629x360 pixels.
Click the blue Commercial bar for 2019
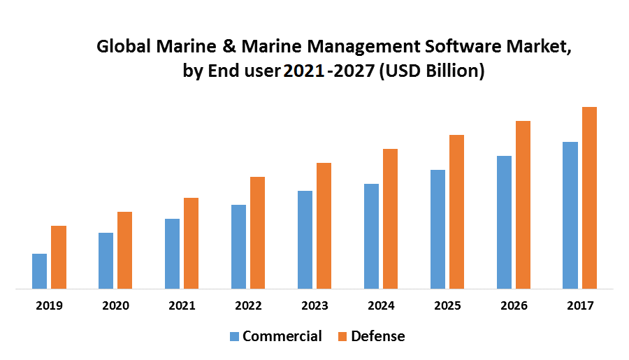(40, 271)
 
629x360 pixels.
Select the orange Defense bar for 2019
(59, 257)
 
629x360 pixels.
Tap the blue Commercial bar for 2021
(172, 254)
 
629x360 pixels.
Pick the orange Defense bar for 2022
(257, 233)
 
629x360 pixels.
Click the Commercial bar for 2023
(305, 240)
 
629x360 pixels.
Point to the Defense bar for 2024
(390, 219)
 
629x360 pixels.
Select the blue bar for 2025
(438, 229)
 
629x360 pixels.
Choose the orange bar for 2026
(523, 205)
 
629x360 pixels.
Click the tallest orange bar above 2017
(589, 198)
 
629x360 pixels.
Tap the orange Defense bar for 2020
(124, 250)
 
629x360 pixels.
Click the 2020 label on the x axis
(116, 306)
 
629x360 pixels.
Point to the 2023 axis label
(314, 306)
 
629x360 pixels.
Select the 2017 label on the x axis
(580, 306)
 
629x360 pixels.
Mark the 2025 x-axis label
(447, 306)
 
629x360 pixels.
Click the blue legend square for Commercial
(233, 337)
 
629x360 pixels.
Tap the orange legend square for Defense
(342, 337)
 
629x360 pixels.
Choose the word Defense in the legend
(377, 336)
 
